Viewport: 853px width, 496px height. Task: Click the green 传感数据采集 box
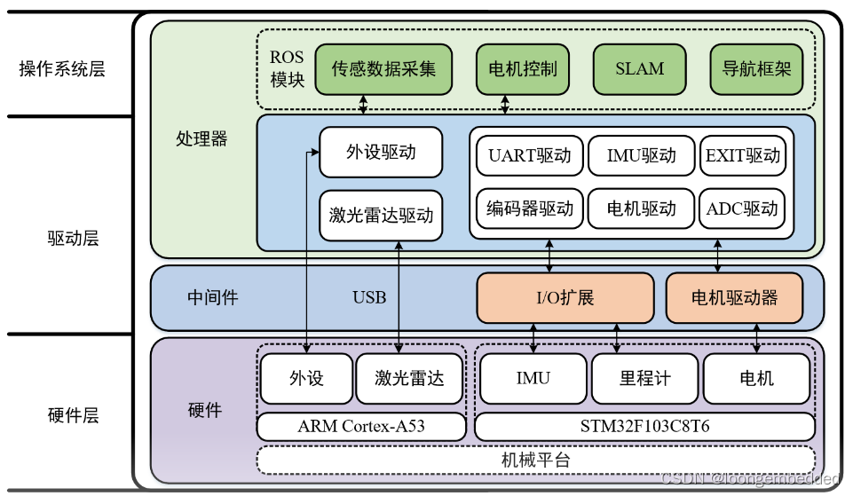383,69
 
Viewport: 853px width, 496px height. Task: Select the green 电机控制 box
523,69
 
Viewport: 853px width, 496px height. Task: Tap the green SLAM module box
639,69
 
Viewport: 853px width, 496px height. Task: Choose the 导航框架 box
756,69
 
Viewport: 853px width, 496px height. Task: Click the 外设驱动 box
380,153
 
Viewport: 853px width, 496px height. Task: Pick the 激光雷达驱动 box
380,214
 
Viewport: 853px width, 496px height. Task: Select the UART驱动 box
530,156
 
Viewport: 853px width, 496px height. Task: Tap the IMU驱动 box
642,156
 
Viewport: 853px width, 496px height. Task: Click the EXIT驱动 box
743,156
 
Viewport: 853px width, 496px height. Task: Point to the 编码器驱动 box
530,209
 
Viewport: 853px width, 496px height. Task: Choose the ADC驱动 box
743,209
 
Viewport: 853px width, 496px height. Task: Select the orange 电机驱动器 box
734,297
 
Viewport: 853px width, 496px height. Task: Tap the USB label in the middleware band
369,297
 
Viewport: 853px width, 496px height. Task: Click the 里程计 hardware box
645,379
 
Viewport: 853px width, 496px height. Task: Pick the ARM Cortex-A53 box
361,427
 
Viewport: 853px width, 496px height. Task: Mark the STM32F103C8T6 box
645,427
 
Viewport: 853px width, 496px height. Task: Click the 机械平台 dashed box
535,460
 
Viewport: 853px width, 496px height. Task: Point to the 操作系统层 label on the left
62,69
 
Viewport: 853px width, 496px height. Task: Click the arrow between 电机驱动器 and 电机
757,337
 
